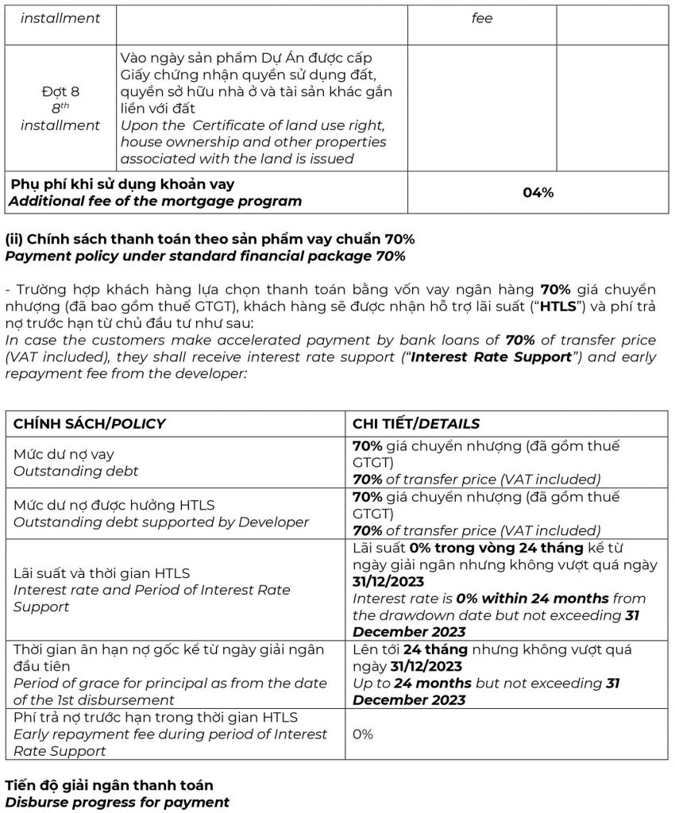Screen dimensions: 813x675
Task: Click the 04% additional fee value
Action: tap(538, 192)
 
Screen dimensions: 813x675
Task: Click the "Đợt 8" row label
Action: tap(60, 91)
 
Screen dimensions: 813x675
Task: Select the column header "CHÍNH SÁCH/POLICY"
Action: tap(89, 423)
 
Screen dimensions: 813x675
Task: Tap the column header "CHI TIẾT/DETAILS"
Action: tap(415, 423)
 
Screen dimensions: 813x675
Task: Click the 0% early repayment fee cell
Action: tap(363, 734)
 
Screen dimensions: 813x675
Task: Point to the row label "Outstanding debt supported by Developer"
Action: tap(161, 522)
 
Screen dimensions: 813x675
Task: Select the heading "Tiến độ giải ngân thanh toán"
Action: tap(109, 784)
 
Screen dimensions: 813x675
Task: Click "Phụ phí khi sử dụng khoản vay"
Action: tap(122, 184)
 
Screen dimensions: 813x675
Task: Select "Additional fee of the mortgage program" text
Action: tap(155, 201)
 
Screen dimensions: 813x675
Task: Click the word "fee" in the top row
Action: tap(482, 17)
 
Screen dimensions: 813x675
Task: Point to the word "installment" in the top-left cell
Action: tap(60, 17)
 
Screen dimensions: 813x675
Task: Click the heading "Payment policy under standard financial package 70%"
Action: tap(205, 255)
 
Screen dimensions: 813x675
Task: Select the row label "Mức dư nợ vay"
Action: tap(64, 454)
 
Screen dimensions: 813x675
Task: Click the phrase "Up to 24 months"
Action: tap(411, 683)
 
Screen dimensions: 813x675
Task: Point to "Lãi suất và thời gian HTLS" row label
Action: tap(101, 572)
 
